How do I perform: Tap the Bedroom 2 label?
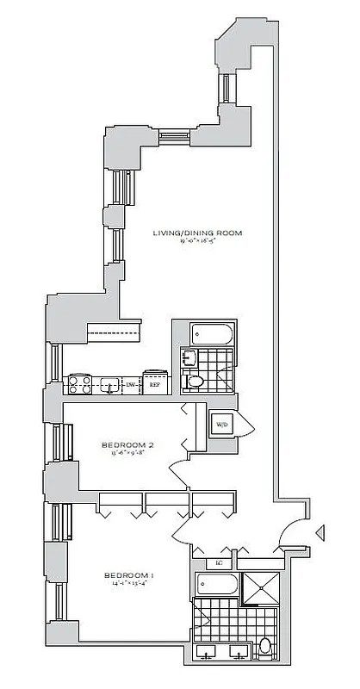[x=127, y=444]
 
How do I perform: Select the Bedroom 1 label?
[x=128, y=574]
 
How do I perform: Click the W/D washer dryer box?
[x=221, y=425]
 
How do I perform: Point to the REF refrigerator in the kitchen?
[x=155, y=383]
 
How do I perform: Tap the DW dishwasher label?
[x=130, y=385]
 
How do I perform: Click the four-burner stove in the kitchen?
[x=80, y=384]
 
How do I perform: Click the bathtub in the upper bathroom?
[x=208, y=333]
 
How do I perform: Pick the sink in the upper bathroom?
[x=188, y=357]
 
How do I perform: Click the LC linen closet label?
[x=220, y=564]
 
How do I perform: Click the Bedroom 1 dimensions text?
[x=128, y=584]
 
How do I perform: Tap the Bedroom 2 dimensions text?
[x=127, y=454]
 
